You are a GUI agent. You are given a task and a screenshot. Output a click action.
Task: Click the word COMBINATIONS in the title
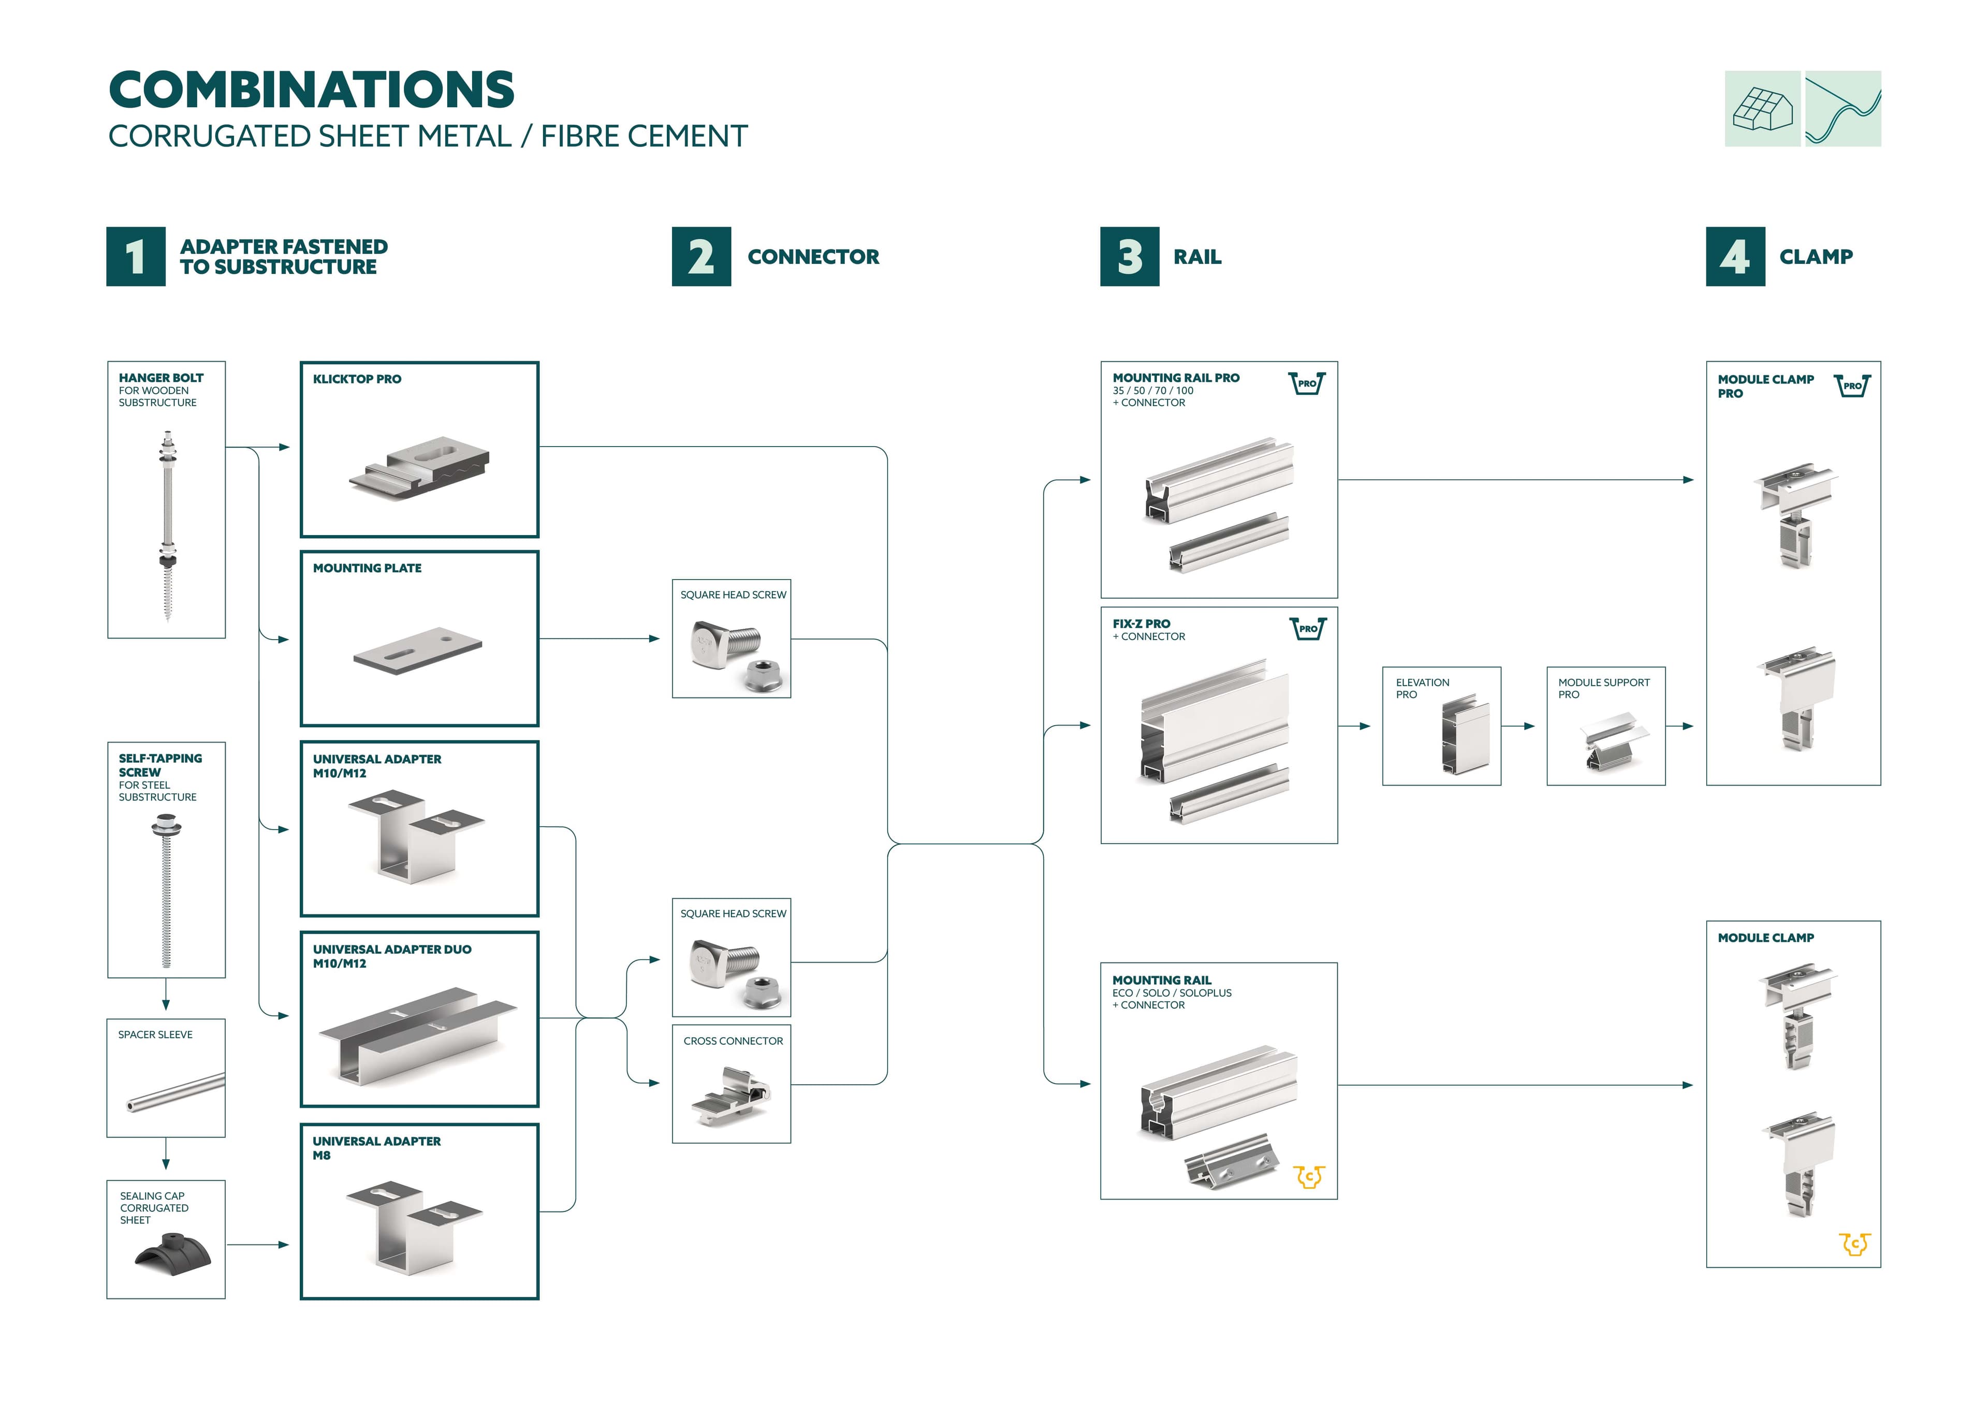tap(312, 90)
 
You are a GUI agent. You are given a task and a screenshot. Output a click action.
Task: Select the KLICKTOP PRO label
tap(357, 379)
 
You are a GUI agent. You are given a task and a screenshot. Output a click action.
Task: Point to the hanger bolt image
tap(167, 525)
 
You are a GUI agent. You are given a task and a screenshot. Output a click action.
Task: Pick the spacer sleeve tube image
tap(176, 1092)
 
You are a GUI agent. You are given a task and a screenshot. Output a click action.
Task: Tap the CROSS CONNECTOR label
tap(733, 1041)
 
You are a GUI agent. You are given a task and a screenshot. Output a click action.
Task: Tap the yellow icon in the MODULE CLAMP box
tap(1854, 1244)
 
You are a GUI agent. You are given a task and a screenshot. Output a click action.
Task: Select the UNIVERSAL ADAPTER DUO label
tap(391, 950)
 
